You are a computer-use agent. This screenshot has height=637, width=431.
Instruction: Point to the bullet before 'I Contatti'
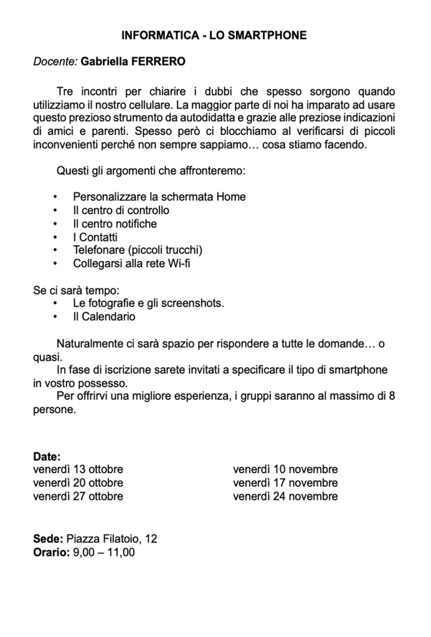tap(55, 237)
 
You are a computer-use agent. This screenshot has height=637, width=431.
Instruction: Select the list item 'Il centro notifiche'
tap(115, 224)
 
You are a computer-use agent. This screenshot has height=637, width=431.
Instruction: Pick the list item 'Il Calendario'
tap(104, 317)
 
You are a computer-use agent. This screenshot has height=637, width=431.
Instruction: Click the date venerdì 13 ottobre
tap(78, 469)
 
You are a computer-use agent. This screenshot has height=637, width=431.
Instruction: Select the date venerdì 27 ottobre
tap(78, 496)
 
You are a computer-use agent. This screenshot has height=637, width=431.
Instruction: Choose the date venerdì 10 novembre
tap(285, 469)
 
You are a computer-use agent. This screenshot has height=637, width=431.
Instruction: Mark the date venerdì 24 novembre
tap(285, 496)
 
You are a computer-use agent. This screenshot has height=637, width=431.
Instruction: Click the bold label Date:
tap(47, 456)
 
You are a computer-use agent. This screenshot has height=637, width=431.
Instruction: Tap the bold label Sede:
tap(48, 539)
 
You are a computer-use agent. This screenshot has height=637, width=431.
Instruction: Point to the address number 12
tap(150, 539)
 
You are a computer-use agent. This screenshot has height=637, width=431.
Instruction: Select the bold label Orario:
tap(52, 552)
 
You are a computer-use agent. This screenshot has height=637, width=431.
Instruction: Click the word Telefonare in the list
tap(98, 250)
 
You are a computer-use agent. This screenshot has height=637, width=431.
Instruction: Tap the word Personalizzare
tap(110, 197)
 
